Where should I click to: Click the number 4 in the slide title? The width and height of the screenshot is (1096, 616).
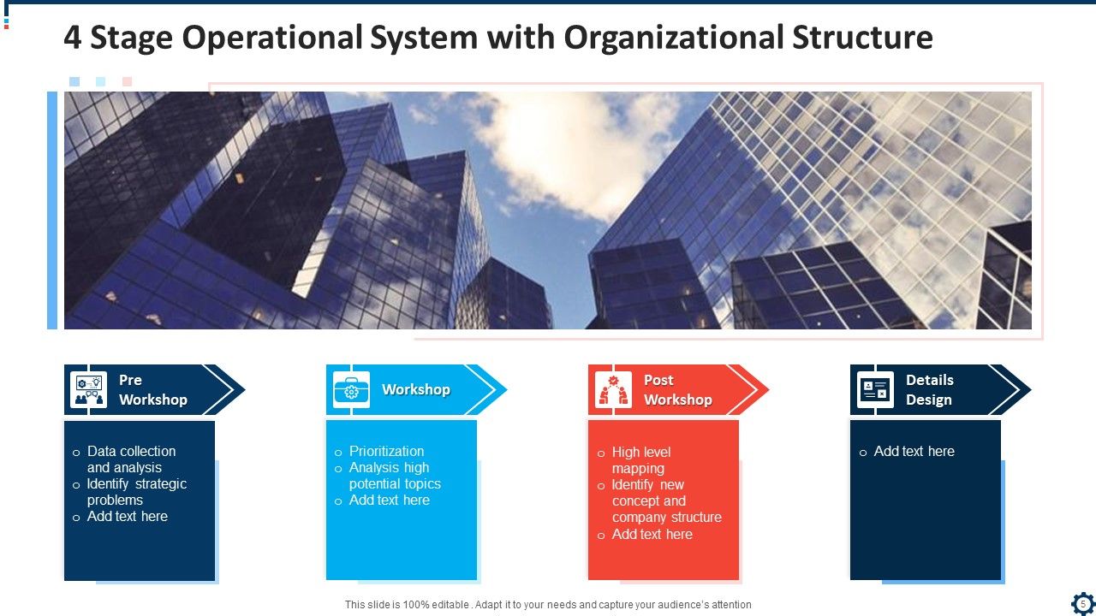pyautogui.click(x=73, y=38)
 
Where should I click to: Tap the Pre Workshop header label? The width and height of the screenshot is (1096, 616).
pyautogui.click(x=152, y=390)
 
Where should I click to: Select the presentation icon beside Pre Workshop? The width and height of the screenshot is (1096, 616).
pyautogui.click(x=89, y=390)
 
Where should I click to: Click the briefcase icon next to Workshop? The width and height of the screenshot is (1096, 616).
pyautogui.click(x=351, y=390)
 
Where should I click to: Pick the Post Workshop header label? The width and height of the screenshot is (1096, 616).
pyautogui.click(x=677, y=390)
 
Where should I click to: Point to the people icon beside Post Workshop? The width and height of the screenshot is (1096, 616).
pyautogui.click(x=613, y=390)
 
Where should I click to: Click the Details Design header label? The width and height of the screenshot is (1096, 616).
pyautogui.click(x=929, y=390)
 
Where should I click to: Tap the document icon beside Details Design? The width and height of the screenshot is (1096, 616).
pyautogui.click(x=875, y=390)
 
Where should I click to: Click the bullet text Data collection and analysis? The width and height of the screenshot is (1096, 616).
pyautogui.click(x=130, y=459)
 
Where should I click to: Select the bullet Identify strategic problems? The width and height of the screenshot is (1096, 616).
pyautogui.click(x=135, y=492)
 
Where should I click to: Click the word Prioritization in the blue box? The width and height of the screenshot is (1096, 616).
pyautogui.click(x=386, y=451)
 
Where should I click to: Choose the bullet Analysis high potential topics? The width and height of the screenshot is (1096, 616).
pyautogui.click(x=394, y=476)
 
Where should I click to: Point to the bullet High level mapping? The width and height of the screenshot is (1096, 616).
pyautogui.click(x=640, y=460)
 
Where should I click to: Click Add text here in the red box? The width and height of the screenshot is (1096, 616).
pyautogui.click(x=652, y=534)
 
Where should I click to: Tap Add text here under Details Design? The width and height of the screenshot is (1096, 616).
pyautogui.click(x=914, y=451)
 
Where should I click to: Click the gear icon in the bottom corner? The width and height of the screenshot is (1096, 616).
pyautogui.click(x=1082, y=601)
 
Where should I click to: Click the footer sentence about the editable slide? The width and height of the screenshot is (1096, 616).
pyautogui.click(x=548, y=605)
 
